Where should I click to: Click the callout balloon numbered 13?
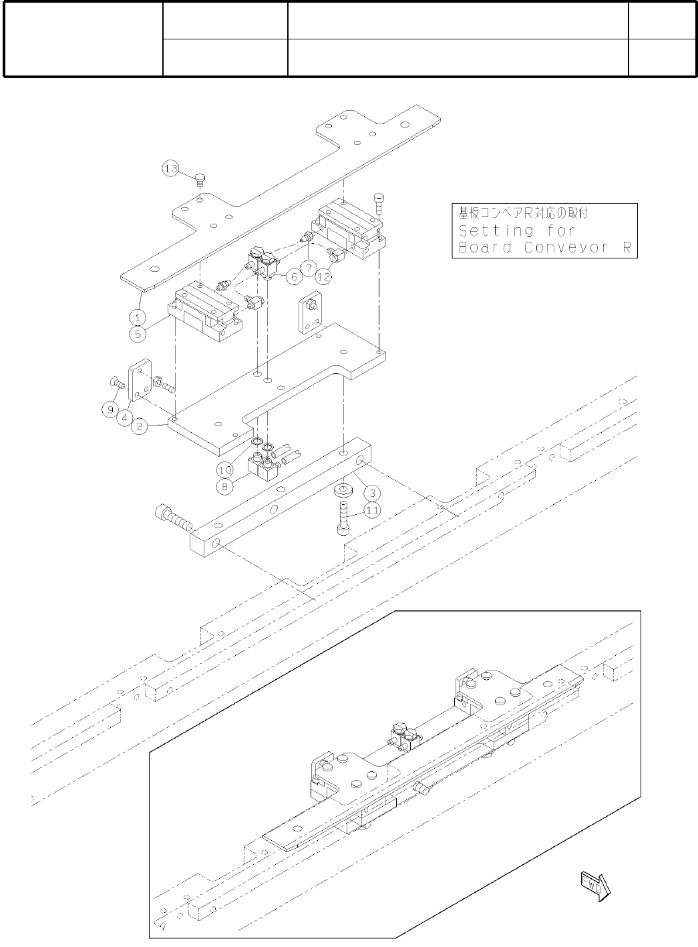[x=171, y=169]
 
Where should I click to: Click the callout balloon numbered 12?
[x=325, y=274]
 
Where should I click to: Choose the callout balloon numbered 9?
[x=111, y=409]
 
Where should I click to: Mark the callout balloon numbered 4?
[x=124, y=419]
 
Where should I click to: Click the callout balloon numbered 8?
[x=225, y=486]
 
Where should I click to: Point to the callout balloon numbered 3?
[x=371, y=494]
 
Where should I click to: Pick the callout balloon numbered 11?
[x=372, y=510]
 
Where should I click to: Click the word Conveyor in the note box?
[x=558, y=248]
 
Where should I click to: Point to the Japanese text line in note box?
[x=523, y=214]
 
